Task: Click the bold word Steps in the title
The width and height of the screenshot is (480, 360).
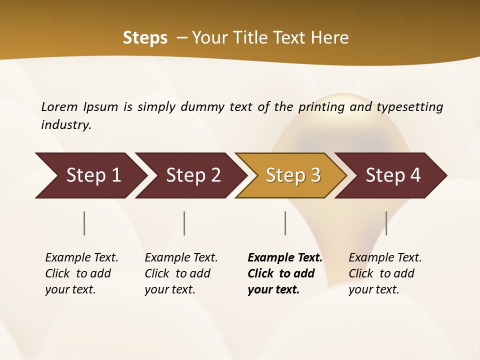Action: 145,38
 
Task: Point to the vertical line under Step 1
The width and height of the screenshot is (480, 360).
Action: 84,223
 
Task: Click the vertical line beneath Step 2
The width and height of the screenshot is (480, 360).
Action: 184,223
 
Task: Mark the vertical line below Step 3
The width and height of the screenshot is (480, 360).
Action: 285,223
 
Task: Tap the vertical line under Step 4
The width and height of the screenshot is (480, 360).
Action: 386,223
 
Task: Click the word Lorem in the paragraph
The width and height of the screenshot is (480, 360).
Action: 59,107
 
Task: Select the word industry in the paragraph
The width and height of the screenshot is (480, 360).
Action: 66,125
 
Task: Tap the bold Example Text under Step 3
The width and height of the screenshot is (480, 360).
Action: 285,258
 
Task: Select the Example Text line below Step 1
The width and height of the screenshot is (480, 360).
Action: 81,258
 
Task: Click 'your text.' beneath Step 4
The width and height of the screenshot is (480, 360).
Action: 373,289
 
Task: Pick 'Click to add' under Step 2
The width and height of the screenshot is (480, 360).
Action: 177,273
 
